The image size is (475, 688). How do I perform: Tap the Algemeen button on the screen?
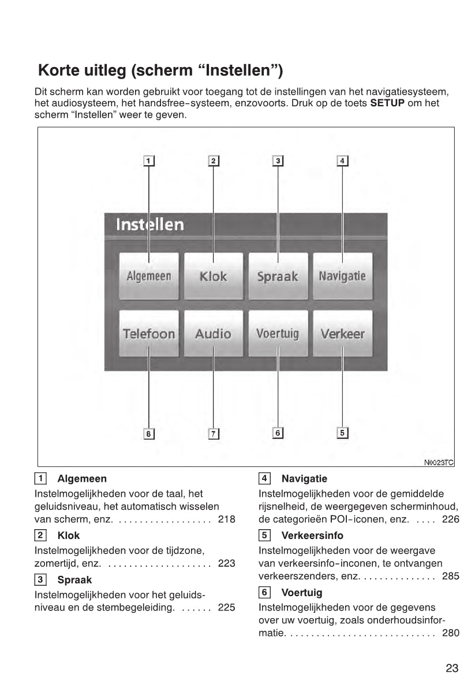[x=149, y=276]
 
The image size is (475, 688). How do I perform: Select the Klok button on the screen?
[x=213, y=276]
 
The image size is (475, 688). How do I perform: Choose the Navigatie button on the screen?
[x=342, y=276]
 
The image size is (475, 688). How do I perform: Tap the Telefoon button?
[x=149, y=333]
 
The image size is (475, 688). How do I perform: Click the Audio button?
[x=213, y=333]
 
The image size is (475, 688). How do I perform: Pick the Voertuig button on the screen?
[x=278, y=333]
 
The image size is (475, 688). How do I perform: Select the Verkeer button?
[x=342, y=333]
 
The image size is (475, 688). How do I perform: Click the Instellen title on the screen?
[x=150, y=224]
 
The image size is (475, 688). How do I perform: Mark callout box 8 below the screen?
[x=149, y=433]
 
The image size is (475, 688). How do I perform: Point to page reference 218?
[x=227, y=519]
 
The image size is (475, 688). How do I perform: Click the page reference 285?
[x=451, y=576]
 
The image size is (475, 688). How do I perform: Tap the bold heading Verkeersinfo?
[x=312, y=535]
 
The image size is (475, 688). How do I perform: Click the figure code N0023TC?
[x=439, y=462]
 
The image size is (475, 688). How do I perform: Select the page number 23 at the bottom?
[x=452, y=668]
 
